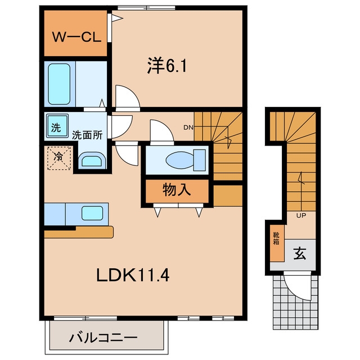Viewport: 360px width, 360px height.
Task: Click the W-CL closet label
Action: tap(76, 37)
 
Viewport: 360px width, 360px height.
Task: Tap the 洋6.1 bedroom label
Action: tap(167, 66)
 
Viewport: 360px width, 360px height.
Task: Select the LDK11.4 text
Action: tap(133, 275)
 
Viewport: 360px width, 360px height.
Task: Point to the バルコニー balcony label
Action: tap(103, 337)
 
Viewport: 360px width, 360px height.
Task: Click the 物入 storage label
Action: tap(177, 190)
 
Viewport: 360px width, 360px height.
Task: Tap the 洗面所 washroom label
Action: tap(87, 135)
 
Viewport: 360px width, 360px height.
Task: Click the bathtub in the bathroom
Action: tap(59, 84)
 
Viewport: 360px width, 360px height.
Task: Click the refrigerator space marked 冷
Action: tap(59, 158)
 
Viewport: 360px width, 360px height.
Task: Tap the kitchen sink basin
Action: tap(92, 213)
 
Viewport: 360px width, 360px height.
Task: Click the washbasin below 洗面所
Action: tap(92, 160)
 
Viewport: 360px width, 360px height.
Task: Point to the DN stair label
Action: tap(188, 128)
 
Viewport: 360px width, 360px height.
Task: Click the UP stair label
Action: tap(301, 215)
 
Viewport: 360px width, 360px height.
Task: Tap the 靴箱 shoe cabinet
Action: tap(277, 243)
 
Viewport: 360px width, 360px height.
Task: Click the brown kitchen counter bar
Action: tap(79, 232)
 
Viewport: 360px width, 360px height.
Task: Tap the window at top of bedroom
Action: tap(146, 8)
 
